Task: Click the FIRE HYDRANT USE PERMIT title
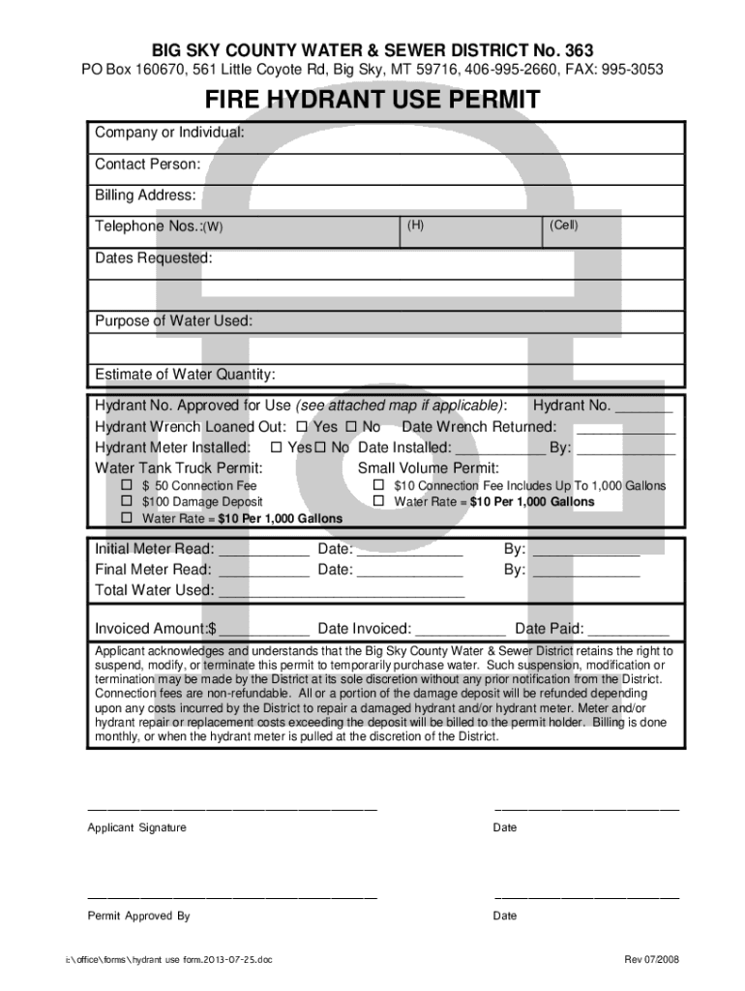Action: click(x=372, y=101)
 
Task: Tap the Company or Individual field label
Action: click(x=168, y=132)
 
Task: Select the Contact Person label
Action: click(x=147, y=165)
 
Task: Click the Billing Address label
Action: click(x=145, y=195)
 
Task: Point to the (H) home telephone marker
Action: click(x=414, y=225)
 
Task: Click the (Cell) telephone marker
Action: click(x=563, y=225)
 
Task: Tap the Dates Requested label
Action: click(x=153, y=258)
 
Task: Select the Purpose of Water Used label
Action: click(x=173, y=321)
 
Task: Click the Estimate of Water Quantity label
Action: click(x=185, y=375)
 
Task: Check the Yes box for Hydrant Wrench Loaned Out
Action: click(x=302, y=427)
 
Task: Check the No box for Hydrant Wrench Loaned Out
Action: click(x=351, y=427)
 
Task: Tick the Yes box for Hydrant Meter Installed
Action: click(x=277, y=448)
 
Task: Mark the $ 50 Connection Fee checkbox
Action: click(x=126, y=485)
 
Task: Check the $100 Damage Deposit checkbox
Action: click(x=126, y=501)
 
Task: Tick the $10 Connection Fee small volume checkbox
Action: click(x=378, y=485)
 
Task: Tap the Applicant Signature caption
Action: click(x=136, y=827)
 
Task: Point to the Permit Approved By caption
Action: click(x=138, y=916)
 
